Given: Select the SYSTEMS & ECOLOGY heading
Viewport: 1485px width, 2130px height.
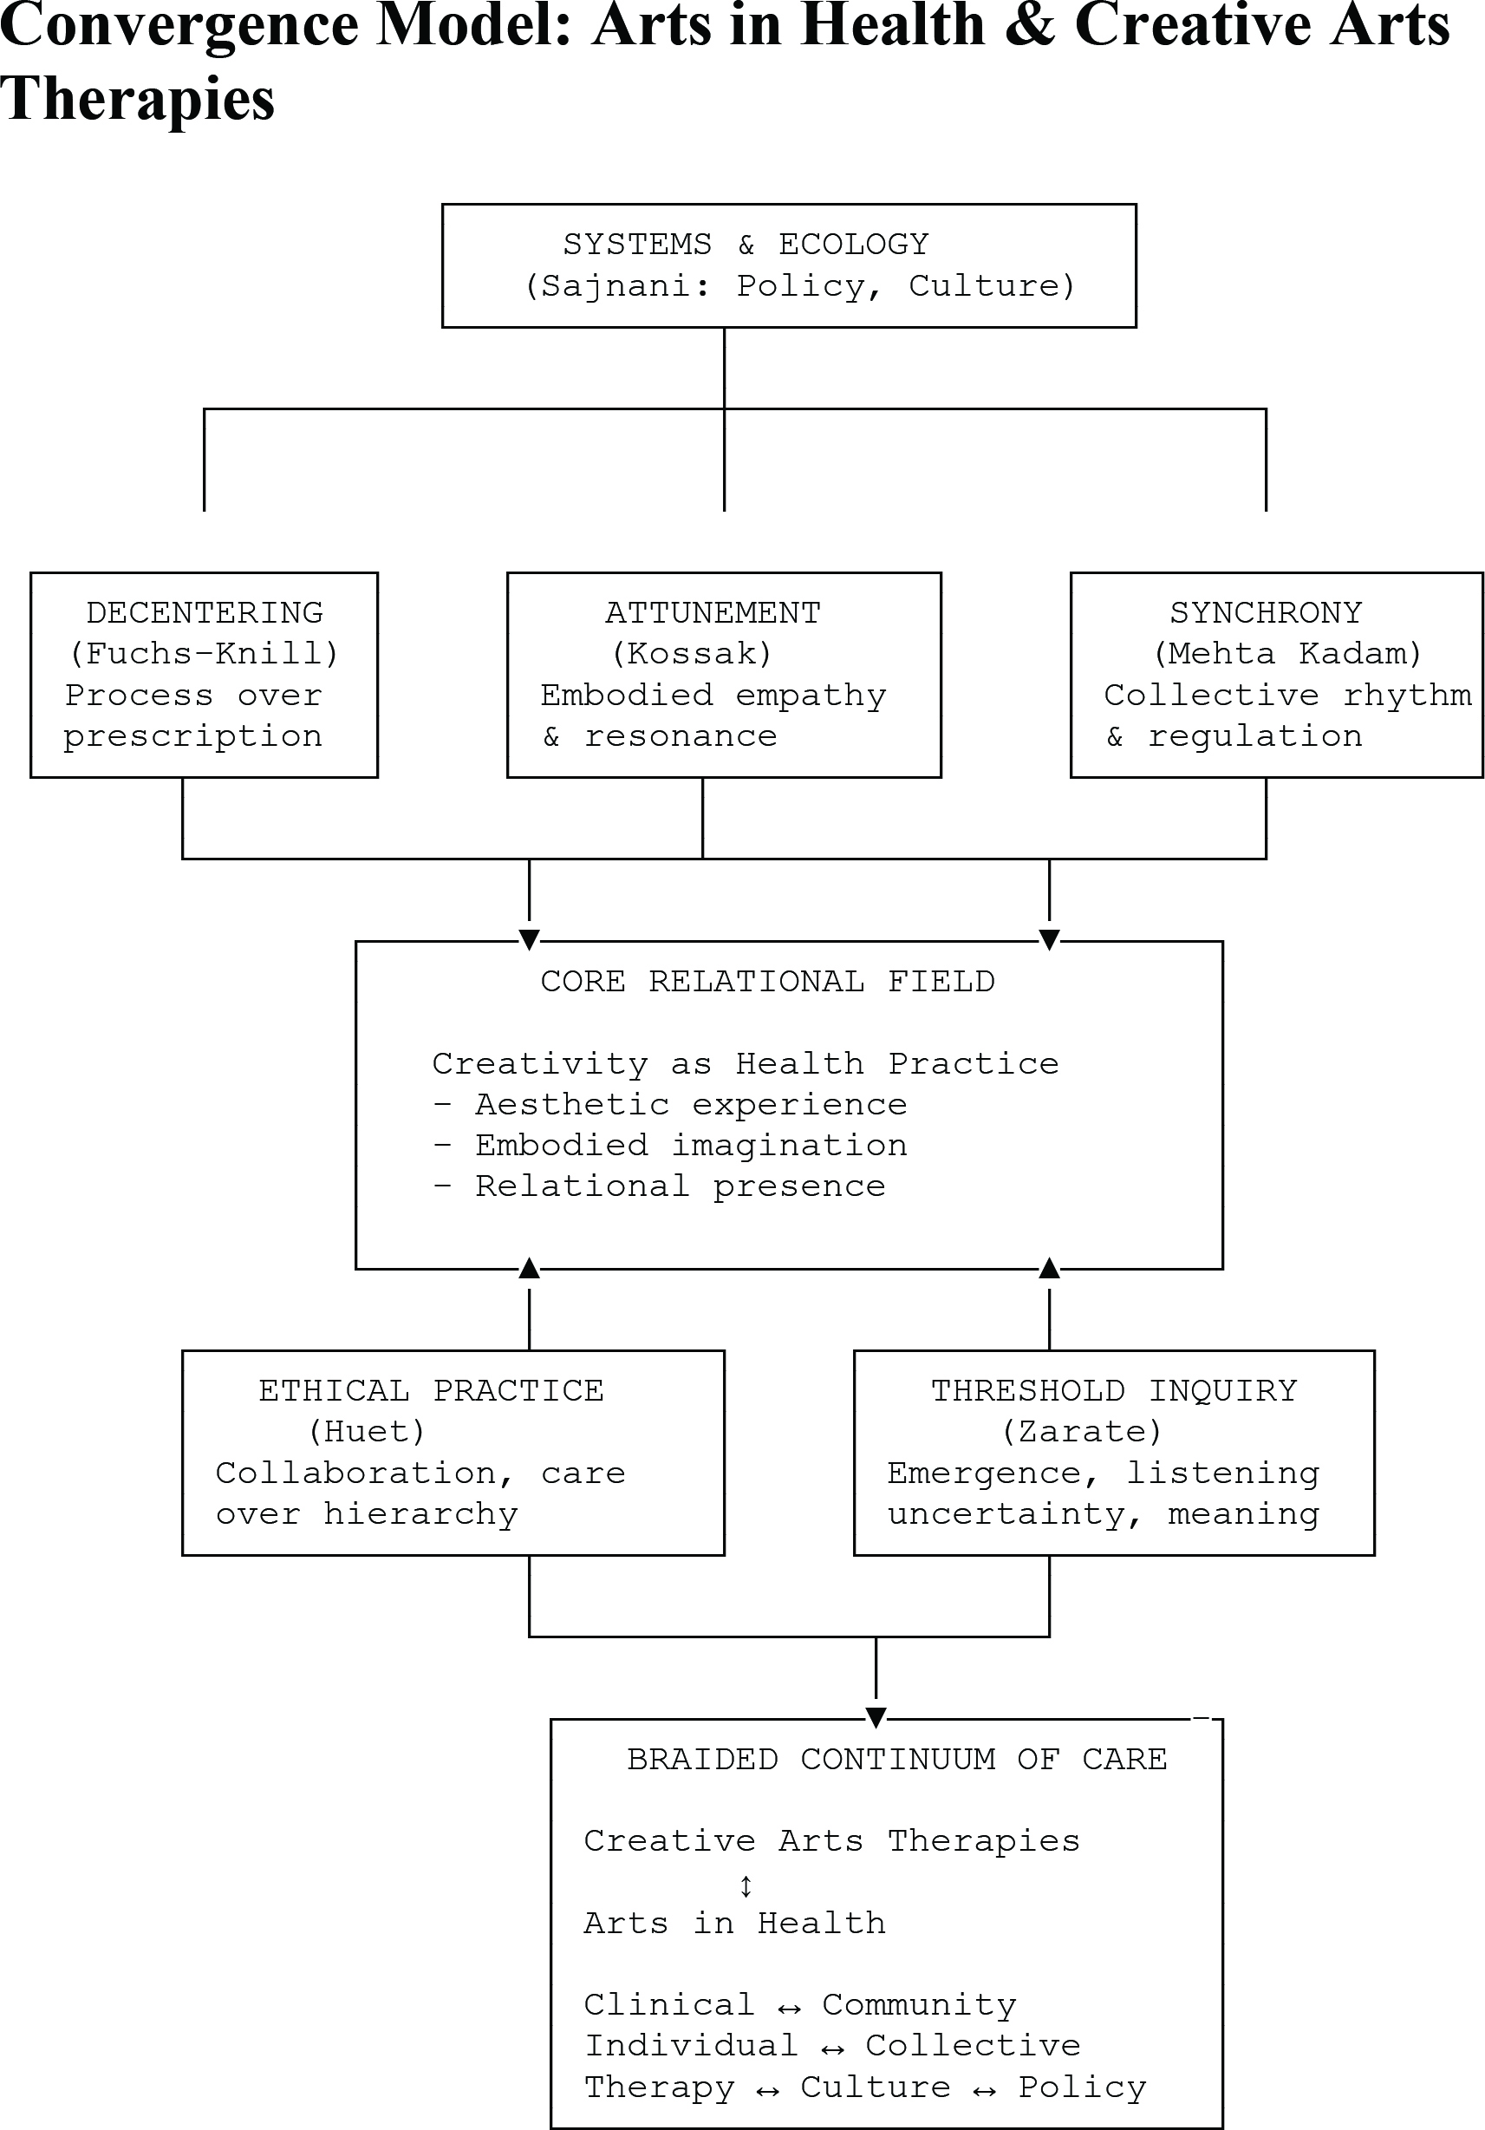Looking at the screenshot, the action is [x=746, y=244].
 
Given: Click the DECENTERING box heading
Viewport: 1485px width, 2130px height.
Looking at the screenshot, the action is [x=205, y=613].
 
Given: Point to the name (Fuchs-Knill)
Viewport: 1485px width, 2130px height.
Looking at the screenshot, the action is [x=204, y=654].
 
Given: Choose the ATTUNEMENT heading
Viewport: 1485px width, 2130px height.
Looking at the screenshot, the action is [x=713, y=613].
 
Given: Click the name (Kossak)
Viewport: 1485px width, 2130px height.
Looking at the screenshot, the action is [x=692, y=654].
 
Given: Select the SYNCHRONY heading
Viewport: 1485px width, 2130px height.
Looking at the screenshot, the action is [x=1266, y=613].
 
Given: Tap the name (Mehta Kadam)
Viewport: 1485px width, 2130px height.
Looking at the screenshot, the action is [x=1287, y=654].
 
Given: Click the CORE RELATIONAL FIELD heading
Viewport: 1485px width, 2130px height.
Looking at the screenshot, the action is [x=768, y=982].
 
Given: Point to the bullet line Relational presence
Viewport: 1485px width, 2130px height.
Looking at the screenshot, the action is [x=660, y=1186].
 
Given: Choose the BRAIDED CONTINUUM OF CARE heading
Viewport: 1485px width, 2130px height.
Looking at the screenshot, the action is [x=897, y=1759].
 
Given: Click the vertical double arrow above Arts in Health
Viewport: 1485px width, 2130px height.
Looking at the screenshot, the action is [x=746, y=1886].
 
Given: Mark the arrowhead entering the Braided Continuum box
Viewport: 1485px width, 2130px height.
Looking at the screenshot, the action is [x=876, y=1717].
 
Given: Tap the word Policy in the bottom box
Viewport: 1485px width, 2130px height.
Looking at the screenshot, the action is [x=1083, y=2088].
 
